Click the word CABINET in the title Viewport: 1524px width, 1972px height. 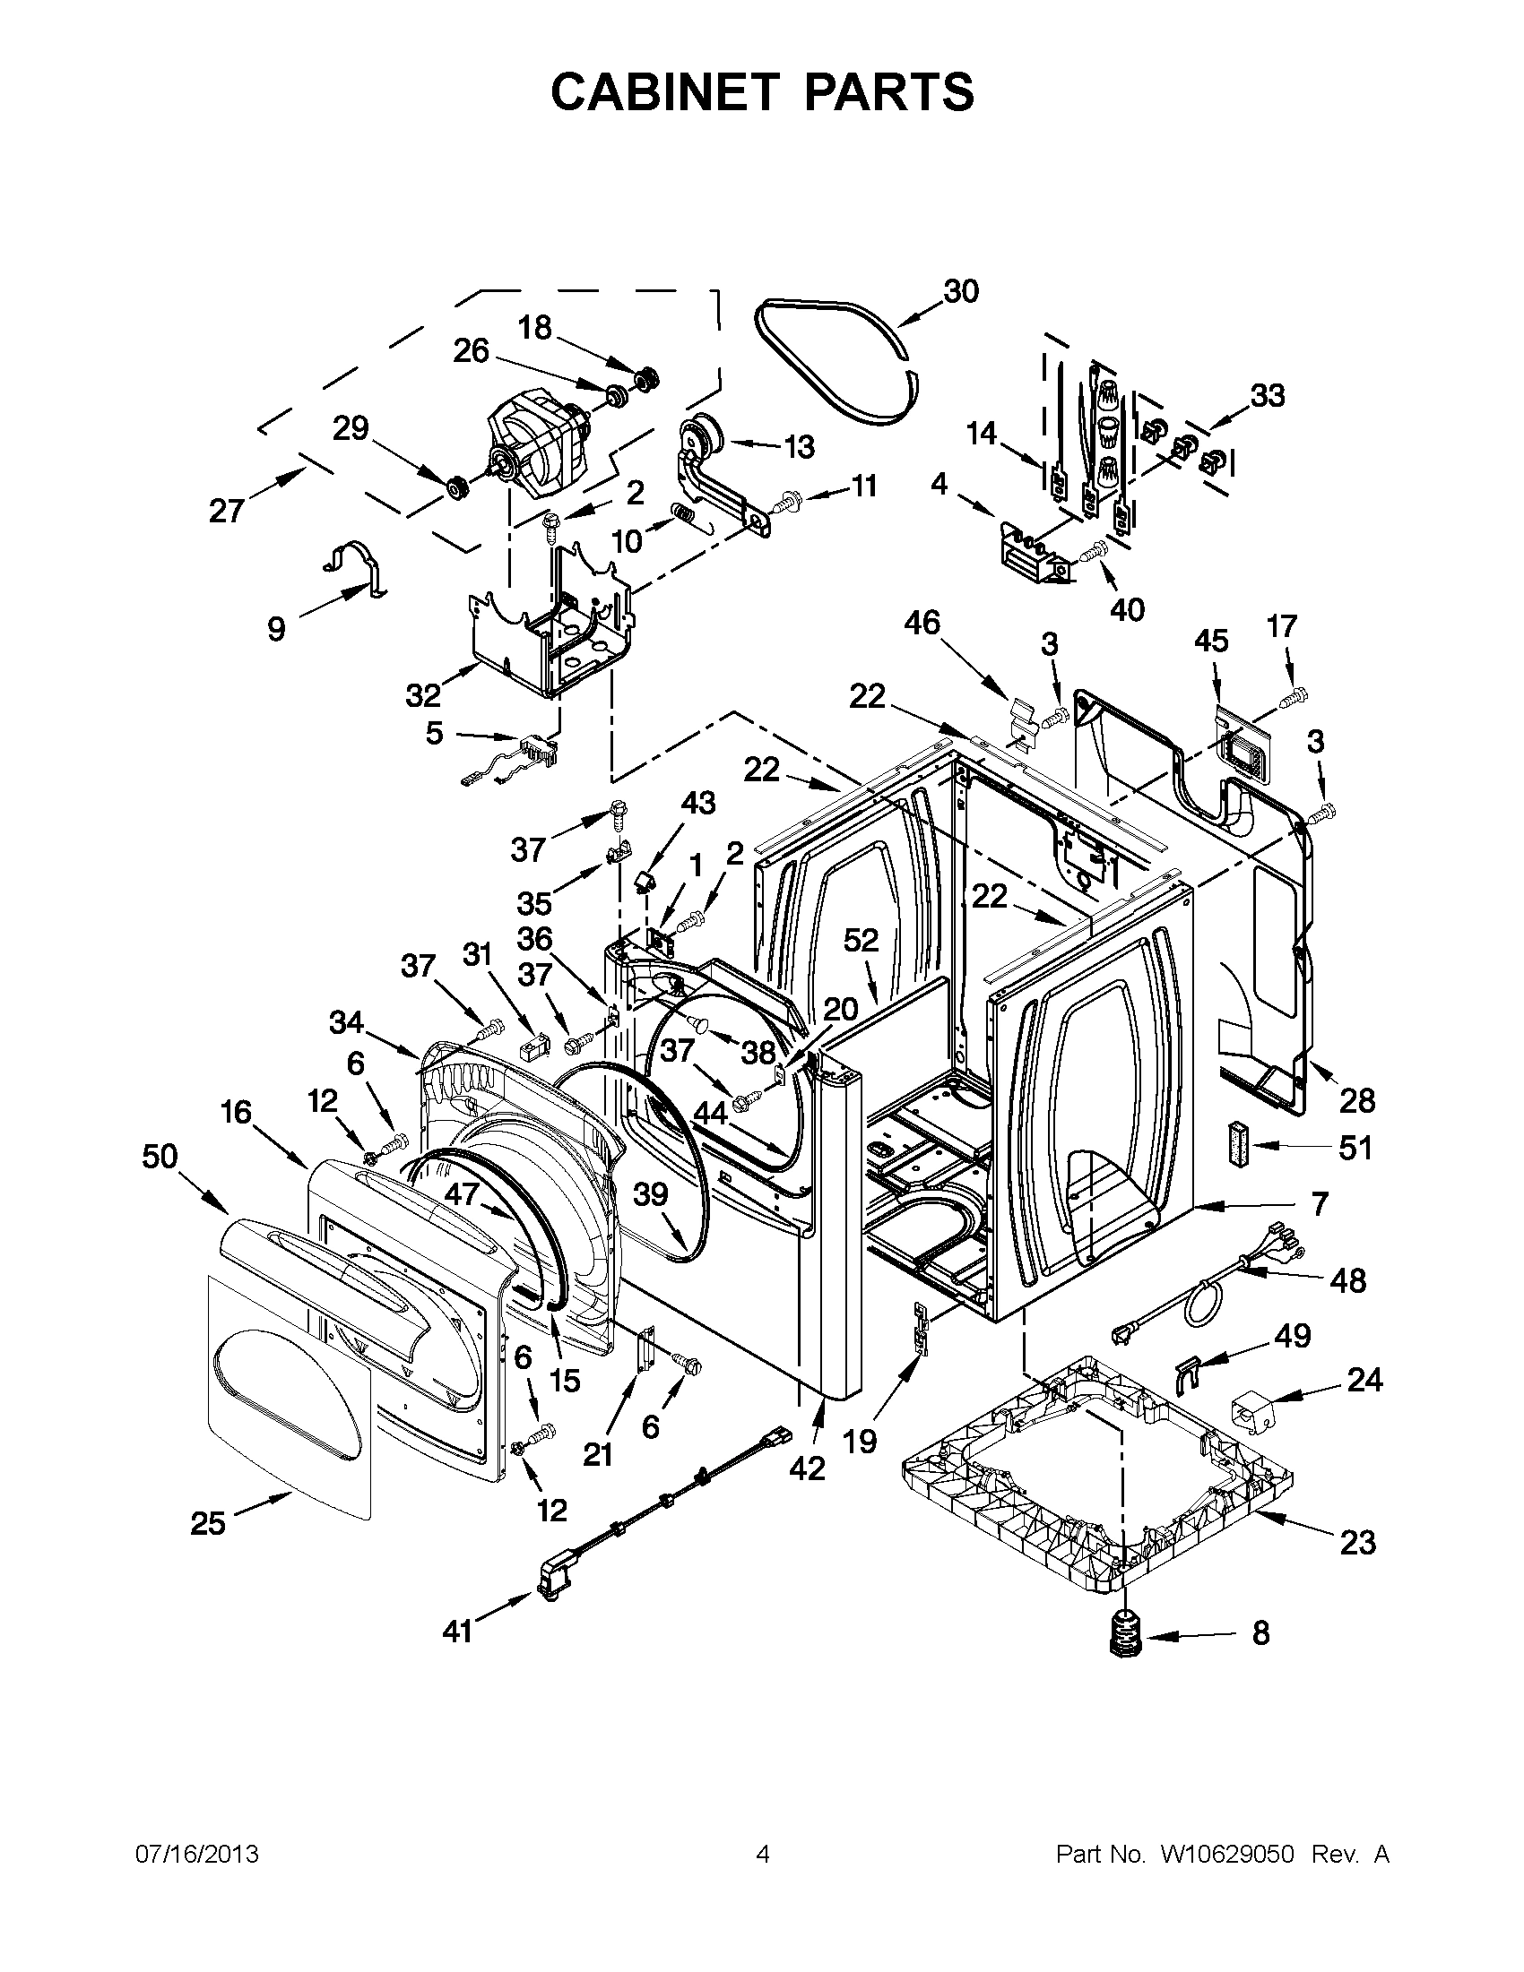(665, 91)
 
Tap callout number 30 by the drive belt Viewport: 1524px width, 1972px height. (961, 292)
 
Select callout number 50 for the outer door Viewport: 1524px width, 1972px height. (160, 1157)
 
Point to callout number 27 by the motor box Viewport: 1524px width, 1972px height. (226, 511)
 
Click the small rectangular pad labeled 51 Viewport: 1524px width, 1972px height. (1238, 1143)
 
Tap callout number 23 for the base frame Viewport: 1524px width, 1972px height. (1357, 1542)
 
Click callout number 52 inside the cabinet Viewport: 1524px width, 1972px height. (861, 941)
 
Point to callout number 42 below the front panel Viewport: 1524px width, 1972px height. (807, 1469)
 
